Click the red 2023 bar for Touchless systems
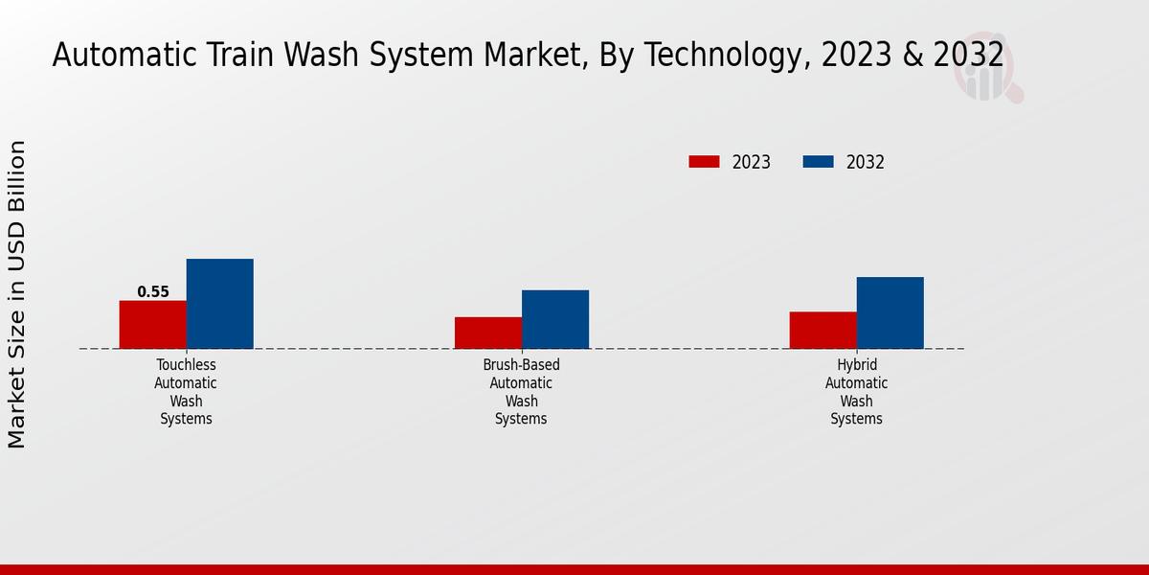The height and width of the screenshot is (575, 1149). [x=152, y=325]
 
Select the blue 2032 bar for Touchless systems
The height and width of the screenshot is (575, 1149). [x=219, y=304]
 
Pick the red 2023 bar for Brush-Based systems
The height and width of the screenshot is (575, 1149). [x=487, y=333]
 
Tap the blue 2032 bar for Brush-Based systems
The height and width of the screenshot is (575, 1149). [x=554, y=319]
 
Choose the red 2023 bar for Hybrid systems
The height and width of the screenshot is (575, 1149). [x=822, y=330]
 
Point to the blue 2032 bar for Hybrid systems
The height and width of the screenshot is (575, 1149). [x=890, y=312]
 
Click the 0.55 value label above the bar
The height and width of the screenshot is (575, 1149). [x=153, y=292]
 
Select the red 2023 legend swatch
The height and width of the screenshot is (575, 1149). [x=704, y=162]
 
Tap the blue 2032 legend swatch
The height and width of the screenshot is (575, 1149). [x=818, y=162]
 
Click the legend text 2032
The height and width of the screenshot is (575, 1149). [x=866, y=163]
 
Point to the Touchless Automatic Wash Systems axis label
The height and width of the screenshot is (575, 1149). [x=186, y=392]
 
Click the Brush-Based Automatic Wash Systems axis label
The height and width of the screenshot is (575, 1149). [x=521, y=392]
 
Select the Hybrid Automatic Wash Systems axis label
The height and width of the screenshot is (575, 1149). [x=856, y=392]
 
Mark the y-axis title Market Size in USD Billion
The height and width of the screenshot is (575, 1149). [x=17, y=294]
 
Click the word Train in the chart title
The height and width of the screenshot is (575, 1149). [x=243, y=55]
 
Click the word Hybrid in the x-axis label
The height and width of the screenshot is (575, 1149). [x=857, y=365]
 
